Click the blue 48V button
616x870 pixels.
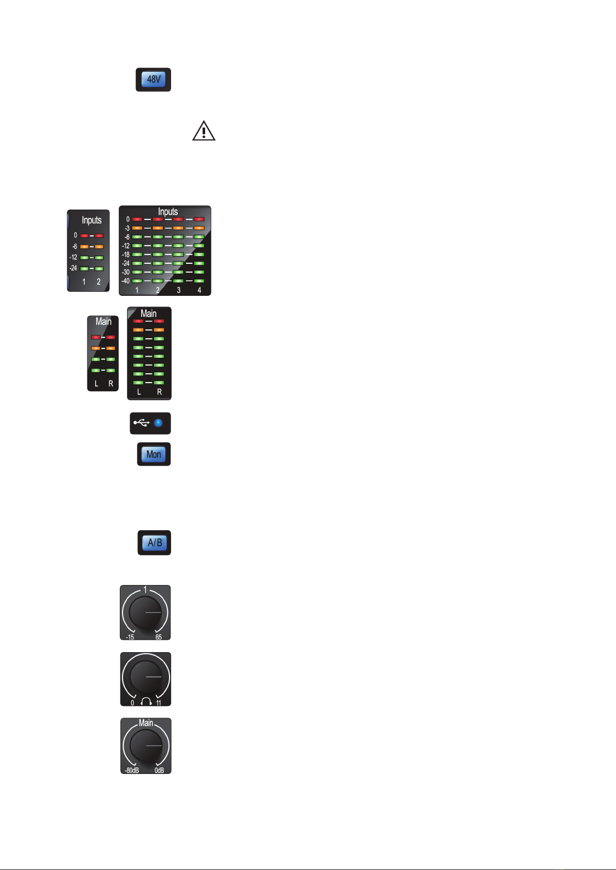click(x=153, y=79)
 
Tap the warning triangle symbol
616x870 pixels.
click(x=204, y=131)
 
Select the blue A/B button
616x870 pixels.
click(x=155, y=543)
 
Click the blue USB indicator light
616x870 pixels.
click(x=158, y=423)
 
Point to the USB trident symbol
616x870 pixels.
click(x=142, y=422)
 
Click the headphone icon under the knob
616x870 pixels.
click(x=146, y=702)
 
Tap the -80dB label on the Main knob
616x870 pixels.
click(x=132, y=770)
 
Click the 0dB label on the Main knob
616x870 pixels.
click(x=159, y=770)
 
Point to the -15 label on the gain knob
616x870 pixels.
click(x=130, y=637)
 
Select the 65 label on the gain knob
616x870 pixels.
click(x=159, y=637)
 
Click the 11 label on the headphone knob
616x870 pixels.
click(x=159, y=703)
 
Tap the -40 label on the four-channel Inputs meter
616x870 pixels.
click(x=126, y=281)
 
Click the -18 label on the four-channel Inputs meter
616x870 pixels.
click(x=126, y=255)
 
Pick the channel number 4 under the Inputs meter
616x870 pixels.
click(x=199, y=290)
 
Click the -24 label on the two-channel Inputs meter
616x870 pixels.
click(x=73, y=268)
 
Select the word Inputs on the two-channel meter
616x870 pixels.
click(x=91, y=220)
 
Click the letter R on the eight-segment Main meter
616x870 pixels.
click(x=159, y=392)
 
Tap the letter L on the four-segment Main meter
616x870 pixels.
click(x=97, y=384)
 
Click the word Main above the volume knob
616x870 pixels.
click(x=146, y=723)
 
